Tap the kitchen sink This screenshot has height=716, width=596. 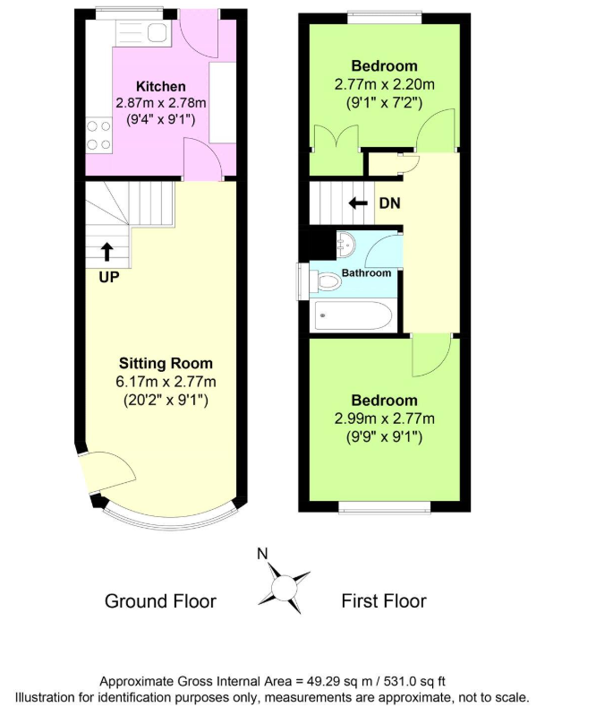(142, 33)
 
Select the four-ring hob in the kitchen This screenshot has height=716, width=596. (98, 135)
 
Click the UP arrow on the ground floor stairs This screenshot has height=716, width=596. (106, 252)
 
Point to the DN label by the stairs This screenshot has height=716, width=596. (390, 203)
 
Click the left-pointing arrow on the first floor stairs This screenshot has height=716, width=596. (359, 203)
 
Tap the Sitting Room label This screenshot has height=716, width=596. (166, 363)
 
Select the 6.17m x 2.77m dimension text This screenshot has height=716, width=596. (166, 381)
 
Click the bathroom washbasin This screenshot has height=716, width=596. (345, 245)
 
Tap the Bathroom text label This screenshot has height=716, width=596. (366, 273)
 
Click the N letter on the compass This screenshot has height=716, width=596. (262, 554)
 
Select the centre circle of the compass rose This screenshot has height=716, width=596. (284, 586)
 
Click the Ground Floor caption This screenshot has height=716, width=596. (160, 601)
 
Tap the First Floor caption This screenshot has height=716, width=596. (384, 601)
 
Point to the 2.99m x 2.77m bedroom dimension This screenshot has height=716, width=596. (385, 418)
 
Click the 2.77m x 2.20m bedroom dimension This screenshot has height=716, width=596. (385, 84)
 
